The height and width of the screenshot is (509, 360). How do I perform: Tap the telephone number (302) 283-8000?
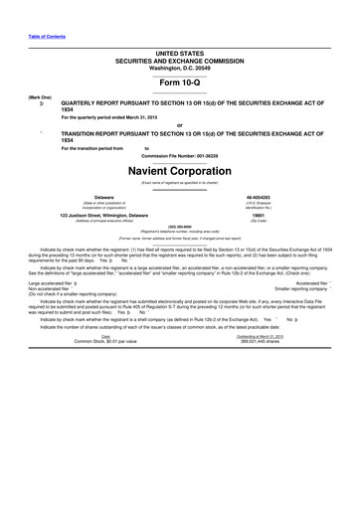pos(179,228)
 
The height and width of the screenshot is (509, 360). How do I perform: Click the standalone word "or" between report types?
pos(179,124)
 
